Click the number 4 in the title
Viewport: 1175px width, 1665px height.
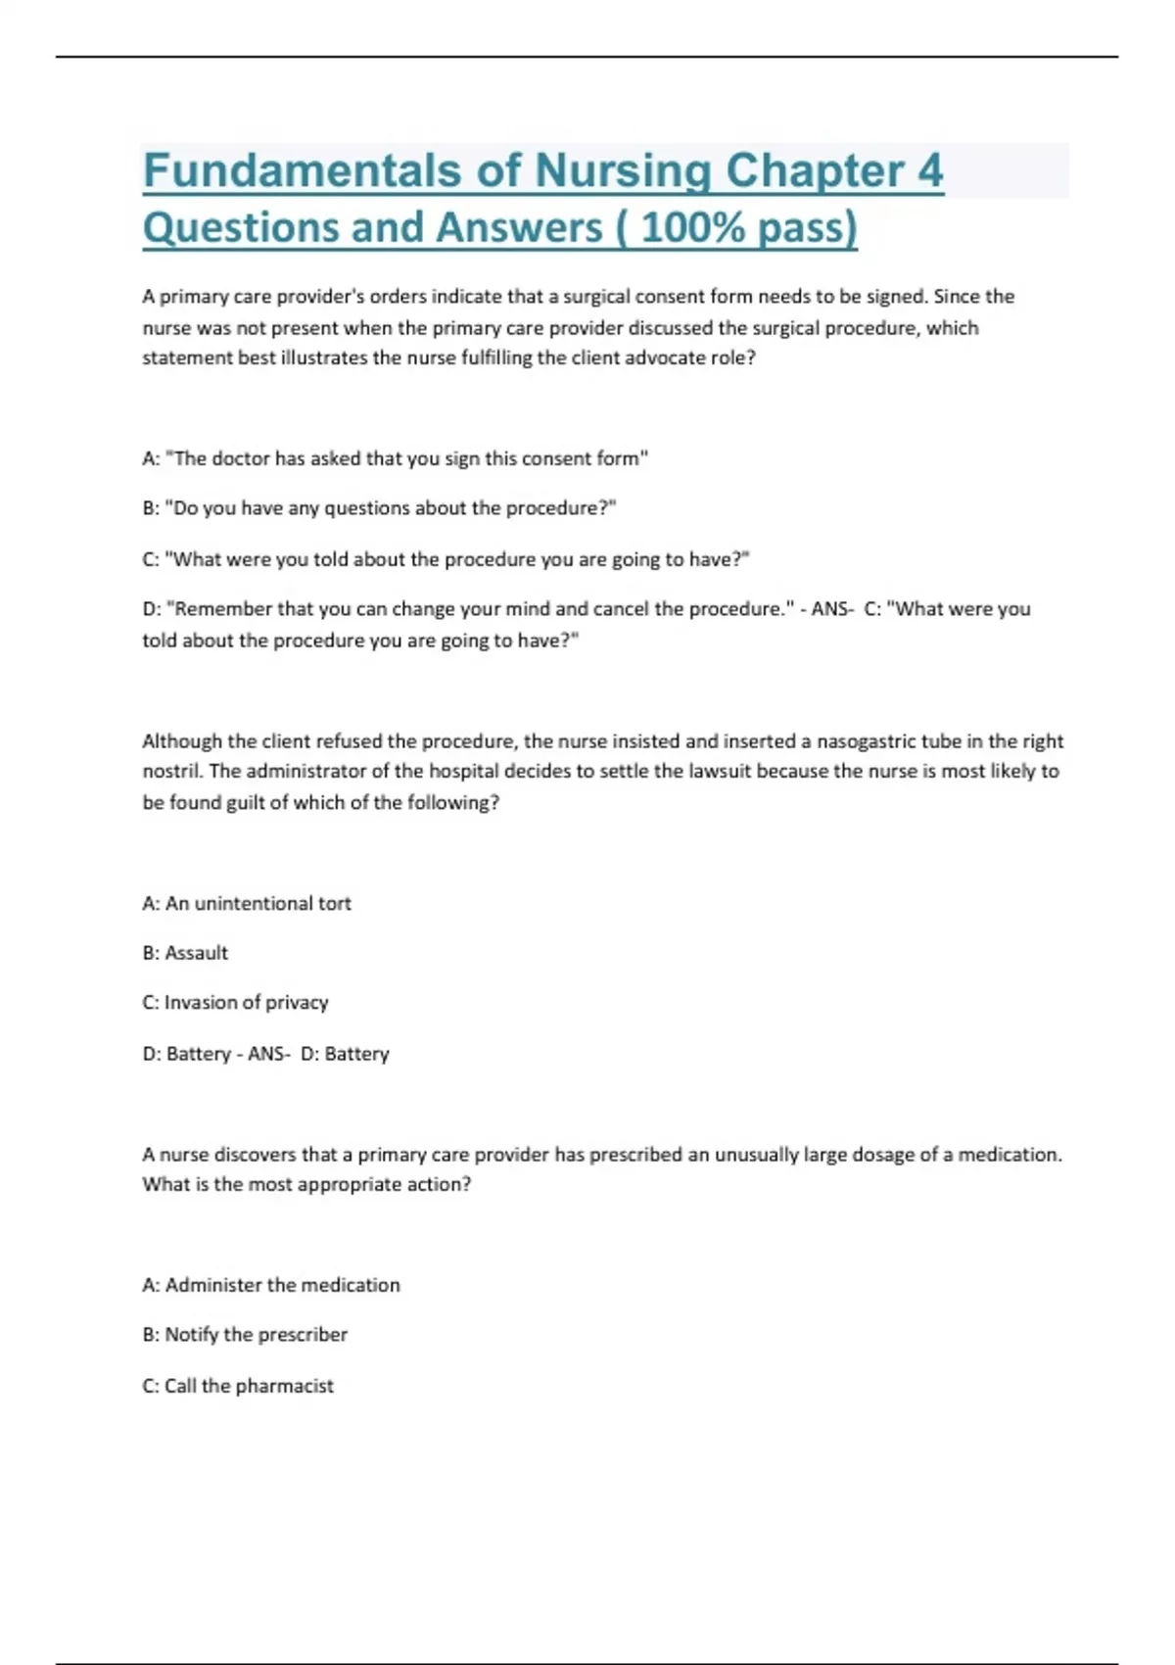pos(929,171)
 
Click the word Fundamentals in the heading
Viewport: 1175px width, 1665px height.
pos(302,171)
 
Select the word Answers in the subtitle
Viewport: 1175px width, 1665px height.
pos(519,228)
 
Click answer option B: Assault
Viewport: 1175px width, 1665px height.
pos(185,953)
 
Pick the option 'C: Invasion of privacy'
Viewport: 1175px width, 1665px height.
pos(235,1003)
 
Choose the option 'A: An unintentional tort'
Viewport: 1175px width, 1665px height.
pos(247,903)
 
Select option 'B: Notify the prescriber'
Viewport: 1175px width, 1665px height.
pos(245,1335)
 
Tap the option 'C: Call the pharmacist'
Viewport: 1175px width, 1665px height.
pos(238,1386)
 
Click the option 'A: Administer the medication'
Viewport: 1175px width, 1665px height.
pos(271,1285)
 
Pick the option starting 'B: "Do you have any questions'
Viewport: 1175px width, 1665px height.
pos(379,508)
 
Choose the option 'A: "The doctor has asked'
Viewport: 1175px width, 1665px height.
pos(396,458)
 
